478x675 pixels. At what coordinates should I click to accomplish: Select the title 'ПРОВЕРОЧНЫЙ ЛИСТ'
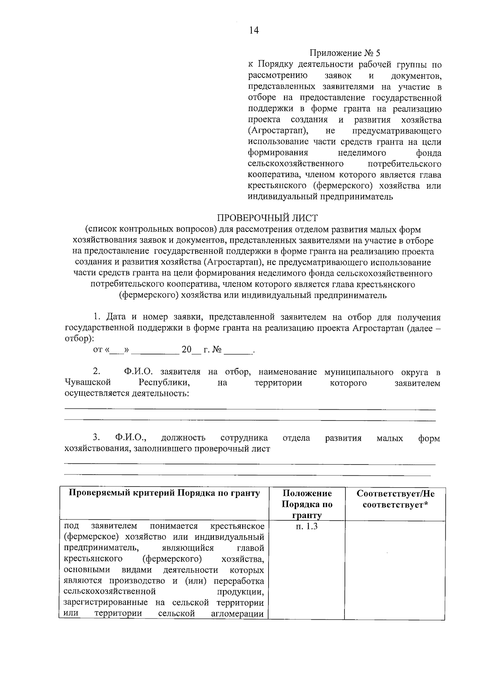click(267, 218)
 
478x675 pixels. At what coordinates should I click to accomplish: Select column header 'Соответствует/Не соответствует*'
click(395, 499)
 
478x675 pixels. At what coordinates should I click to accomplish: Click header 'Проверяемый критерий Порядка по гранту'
click(164, 494)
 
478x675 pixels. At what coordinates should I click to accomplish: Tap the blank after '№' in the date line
click(238, 351)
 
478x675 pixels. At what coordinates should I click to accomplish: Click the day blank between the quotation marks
click(117, 351)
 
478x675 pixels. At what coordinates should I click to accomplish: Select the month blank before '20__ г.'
click(155, 351)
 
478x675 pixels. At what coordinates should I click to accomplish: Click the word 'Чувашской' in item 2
click(88, 383)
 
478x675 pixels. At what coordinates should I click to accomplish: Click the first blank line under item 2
click(250, 409)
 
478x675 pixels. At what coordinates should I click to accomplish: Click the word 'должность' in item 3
click(183, 438)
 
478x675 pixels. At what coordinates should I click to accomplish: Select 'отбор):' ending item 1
click(79, 339)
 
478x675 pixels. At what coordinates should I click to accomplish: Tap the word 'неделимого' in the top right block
click(362, 153)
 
